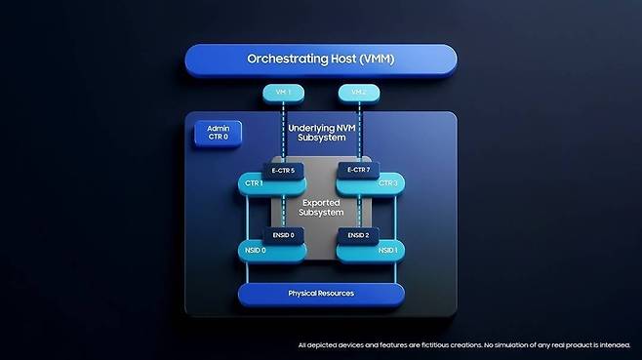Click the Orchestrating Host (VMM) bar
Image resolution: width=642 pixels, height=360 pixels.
(321, 60)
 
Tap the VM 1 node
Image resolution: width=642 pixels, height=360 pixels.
(283, 93)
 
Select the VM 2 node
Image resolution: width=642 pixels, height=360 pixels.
(359, 93)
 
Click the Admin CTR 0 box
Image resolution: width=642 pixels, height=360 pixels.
(218, 133)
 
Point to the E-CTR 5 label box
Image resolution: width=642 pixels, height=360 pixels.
(283, 171)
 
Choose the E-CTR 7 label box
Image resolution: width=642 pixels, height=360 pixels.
(359, 170)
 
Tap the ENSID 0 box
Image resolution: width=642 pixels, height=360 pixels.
(283, 235)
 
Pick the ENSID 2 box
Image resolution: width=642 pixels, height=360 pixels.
(359, 235)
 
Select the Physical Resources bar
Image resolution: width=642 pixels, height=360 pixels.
(321, 294)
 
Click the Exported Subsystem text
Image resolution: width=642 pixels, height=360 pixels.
(321, 208)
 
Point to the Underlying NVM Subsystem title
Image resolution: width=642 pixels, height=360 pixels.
(322, 133)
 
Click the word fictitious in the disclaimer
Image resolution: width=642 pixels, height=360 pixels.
(428, 345)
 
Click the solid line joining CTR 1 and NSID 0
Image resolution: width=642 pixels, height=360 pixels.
(247, 218)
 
